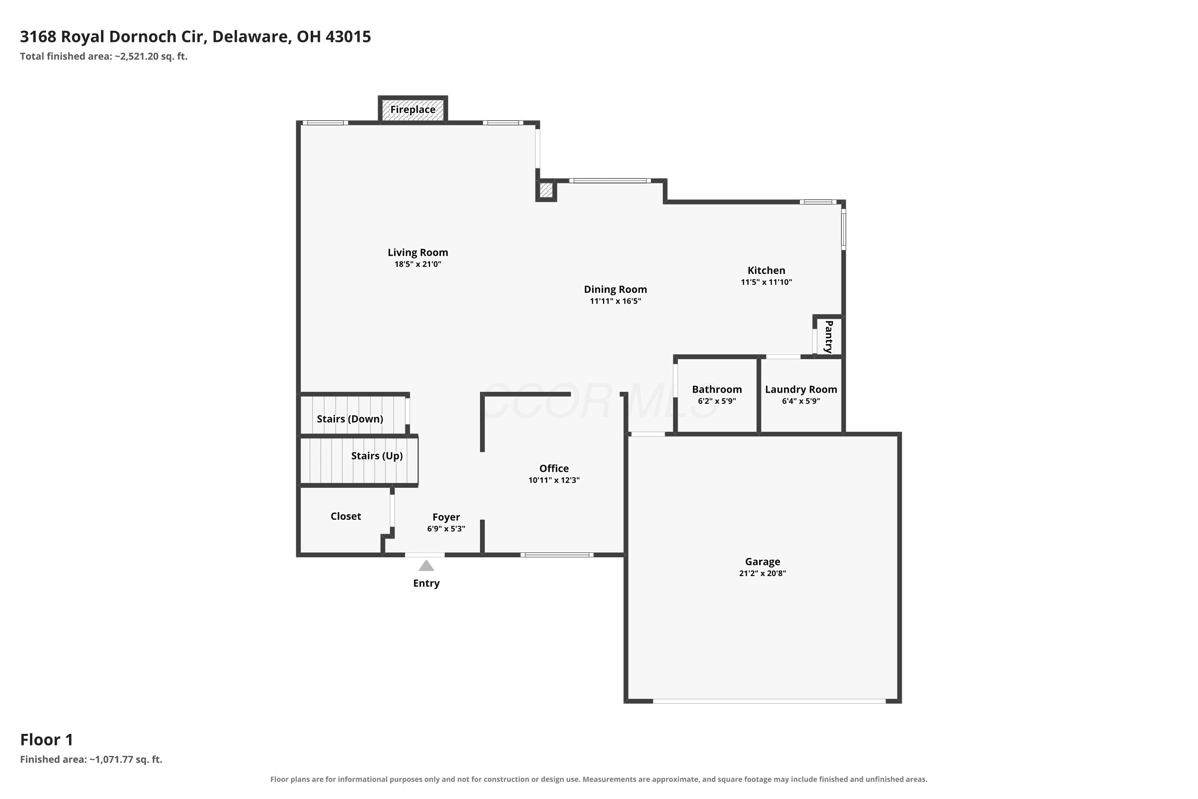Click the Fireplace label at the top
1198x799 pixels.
point(413,109)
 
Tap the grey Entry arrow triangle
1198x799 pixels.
point(426,566)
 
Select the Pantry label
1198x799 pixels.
point(829,336)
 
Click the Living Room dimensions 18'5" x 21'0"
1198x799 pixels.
point(418,264)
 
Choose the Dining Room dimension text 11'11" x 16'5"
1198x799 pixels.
point(615,301)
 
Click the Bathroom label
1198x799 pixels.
point(717,389)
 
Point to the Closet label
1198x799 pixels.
point(346,516)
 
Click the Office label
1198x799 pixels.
point(554,468)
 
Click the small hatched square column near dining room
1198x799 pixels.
point(546,190)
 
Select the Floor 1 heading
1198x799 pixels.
point(47,739)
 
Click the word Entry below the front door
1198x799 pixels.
point(426,583)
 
